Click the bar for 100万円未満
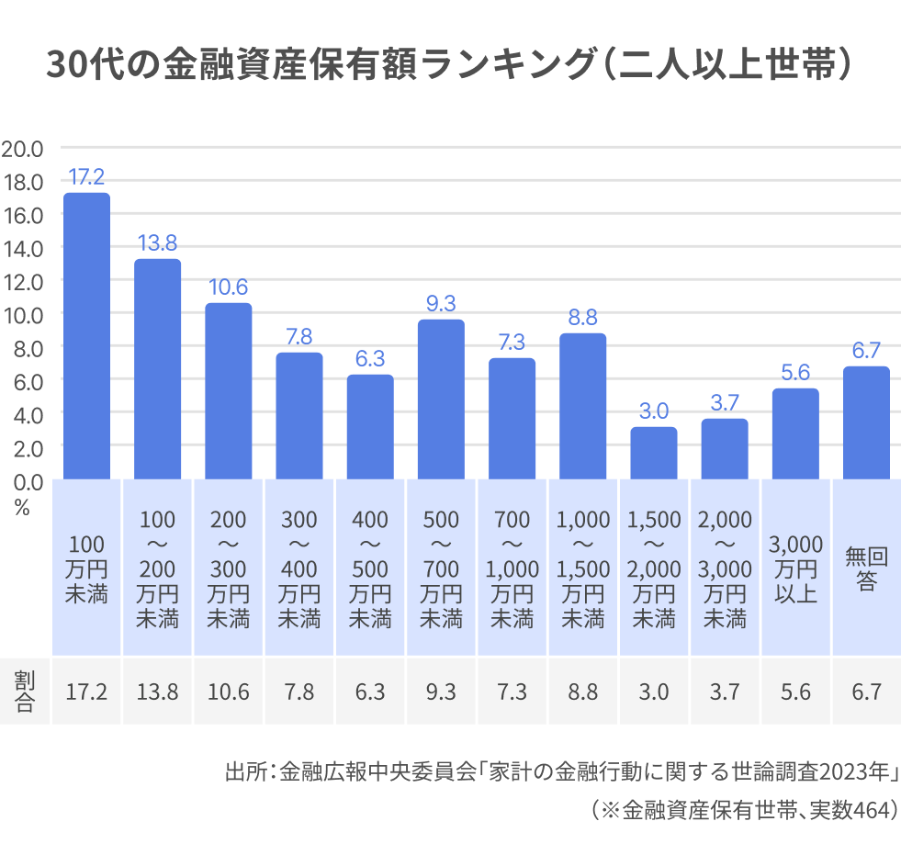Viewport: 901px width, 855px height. tap(86, 336)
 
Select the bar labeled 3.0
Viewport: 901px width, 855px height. tap(654, 453)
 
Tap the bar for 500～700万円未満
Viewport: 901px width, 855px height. tap(441, 399)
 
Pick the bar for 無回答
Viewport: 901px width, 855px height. tap(866, 422)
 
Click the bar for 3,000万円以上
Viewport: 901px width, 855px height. tap(795, 433)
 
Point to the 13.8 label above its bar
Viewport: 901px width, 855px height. tap(158, 243)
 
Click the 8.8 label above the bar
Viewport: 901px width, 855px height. tap(583, 318)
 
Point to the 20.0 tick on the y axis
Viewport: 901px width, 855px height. tap(23, 149)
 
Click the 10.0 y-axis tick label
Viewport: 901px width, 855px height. tap(23, 314)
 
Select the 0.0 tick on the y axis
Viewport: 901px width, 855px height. tap(23, 480)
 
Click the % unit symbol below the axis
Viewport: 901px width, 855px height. tap(22, 508)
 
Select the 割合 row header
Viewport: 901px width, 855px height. tap(24, 692)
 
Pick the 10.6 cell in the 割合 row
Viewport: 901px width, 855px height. tap(229, 692)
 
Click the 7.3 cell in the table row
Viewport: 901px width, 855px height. tap(512, 692)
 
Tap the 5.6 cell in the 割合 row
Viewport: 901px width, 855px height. tap(795, 692)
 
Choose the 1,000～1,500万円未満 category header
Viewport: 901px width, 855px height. tap(583, 568)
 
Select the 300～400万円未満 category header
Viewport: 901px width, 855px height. tap(299, 568)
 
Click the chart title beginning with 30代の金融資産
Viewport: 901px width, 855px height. tap(451, 66)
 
